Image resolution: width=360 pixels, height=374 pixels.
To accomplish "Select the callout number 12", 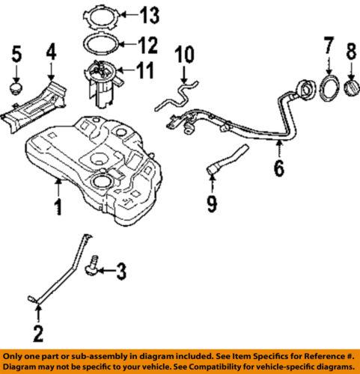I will point(149,44).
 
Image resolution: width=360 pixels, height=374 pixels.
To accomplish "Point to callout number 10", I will point(184,55).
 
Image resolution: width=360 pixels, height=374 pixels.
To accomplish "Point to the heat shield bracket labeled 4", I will point(37,105).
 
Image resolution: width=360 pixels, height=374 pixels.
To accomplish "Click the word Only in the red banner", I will point(16,355).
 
